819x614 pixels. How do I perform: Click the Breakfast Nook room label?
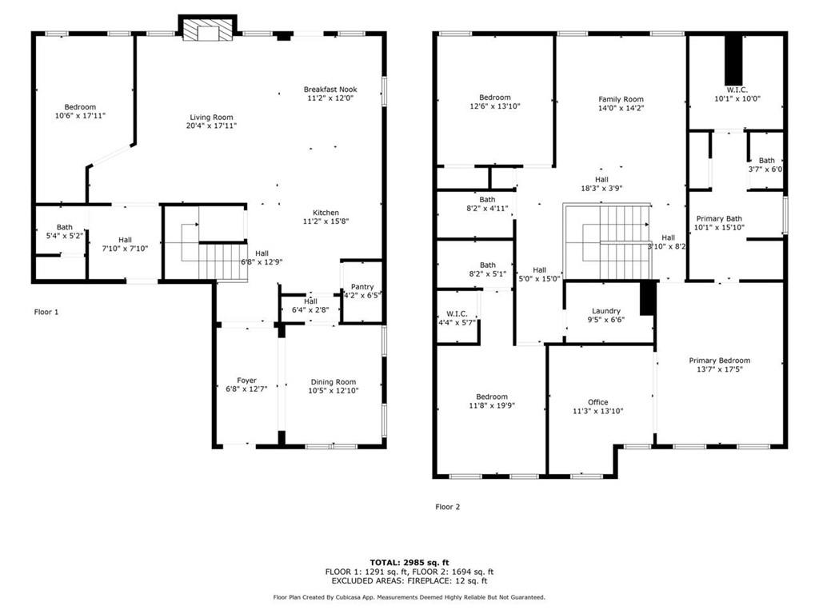point(330,90)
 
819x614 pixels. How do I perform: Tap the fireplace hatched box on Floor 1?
point(208,30)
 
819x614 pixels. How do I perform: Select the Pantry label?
point(362,287)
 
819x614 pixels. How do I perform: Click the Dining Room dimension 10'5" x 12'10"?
point(334,390)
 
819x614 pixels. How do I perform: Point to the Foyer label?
point(246,381)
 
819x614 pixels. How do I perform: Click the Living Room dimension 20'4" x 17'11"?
point(211,126)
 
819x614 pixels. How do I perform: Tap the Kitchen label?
point(326,213)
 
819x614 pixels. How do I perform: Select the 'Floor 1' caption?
point(46,313)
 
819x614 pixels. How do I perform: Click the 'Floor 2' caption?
point(448,507)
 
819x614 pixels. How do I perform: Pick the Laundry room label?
point(606,311)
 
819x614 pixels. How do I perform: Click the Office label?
point(598,402)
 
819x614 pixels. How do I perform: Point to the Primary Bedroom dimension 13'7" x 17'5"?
point(720,369)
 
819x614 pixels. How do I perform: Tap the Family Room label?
point(621,99)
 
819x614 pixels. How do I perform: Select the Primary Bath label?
point(719,219)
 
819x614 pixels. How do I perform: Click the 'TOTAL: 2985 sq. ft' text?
point(409,562)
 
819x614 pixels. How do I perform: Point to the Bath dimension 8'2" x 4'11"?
point(487,209)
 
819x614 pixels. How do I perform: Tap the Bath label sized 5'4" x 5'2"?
point(65,227)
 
